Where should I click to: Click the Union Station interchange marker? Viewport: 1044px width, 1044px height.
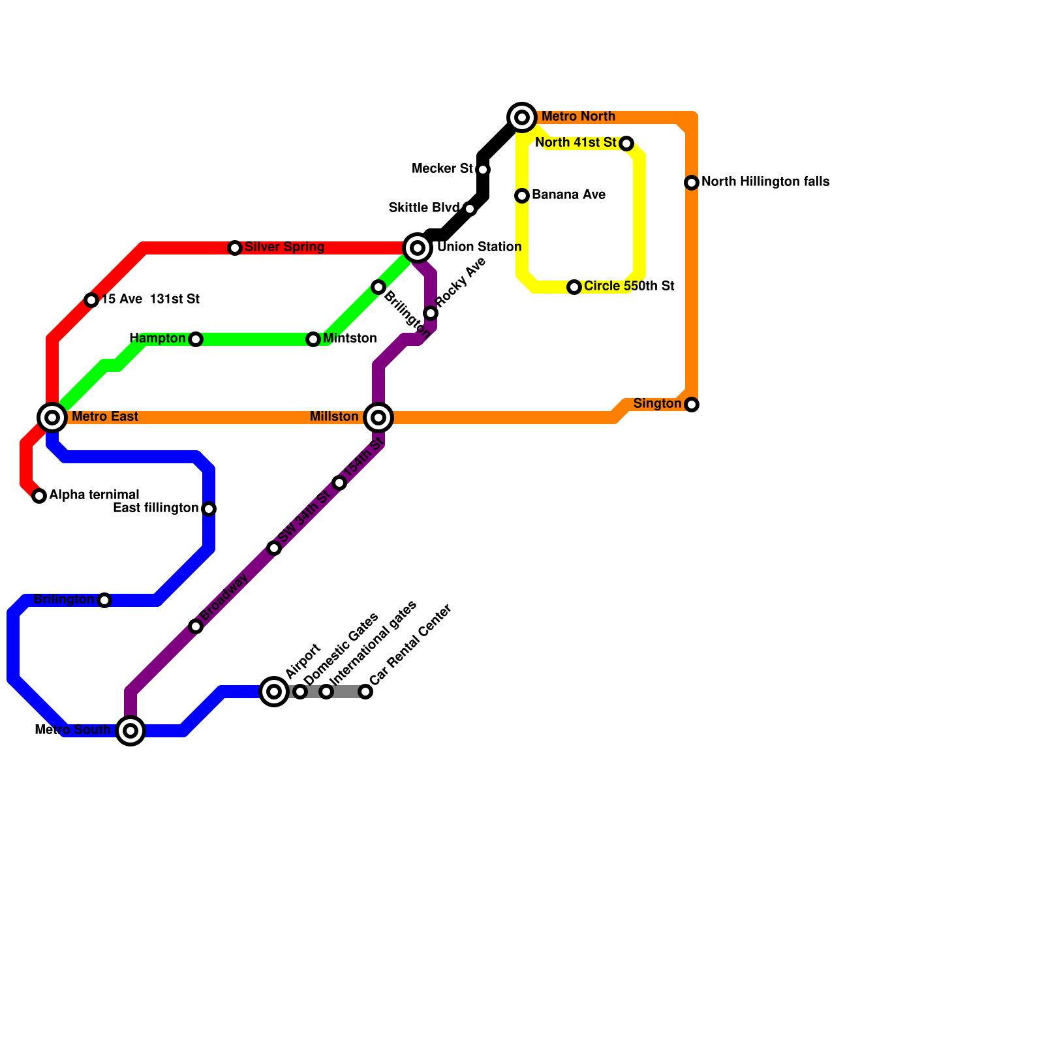pyautogui.click(x=418, y=248)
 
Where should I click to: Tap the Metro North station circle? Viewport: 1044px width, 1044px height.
pyautogui.click(x=522, y=117)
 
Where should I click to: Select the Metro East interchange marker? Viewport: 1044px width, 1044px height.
pyautogui.click(x=52, y=418)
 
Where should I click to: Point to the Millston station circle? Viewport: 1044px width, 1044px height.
pyautogui.click(x=378, y=418)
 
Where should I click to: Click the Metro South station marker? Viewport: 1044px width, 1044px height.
pyautogui.click(x=130, y=731)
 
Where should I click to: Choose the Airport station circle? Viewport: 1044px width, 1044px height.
pyautogui.click(x=275, y=692)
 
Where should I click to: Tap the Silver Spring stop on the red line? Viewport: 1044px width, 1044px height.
pyautogui.click(x=235, y=248)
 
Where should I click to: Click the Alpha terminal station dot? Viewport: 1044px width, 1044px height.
pyautogui.click(x=39, y=496)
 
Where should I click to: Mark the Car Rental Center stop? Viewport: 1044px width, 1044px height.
pyautogui.click(x=365, y=692)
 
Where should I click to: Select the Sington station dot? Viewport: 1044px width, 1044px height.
pyautogui.click(x=692, y=405)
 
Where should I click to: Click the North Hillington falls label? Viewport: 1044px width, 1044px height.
pyautogui.click(x=765, y=182)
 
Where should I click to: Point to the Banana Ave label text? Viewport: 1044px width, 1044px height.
pyautogui.click(x=568, y=195)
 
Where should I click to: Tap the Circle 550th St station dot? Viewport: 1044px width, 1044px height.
pyautogui.click(x=574, y=287)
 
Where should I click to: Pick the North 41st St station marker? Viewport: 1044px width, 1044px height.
pyautogui.click(x=626, y=144)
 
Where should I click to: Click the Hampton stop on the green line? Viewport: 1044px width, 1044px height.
pyautogui.click(x=196, y=339)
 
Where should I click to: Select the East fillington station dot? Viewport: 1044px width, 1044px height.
pyautogui.click(x=209, y=509)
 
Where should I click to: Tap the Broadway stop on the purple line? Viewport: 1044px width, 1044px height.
pyautogui.click(x=196, y=626)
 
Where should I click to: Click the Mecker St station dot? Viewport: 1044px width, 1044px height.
pyautogui.click(x=483, y=170)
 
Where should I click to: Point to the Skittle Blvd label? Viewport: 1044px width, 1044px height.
pyautogui.click(x=423, y=208)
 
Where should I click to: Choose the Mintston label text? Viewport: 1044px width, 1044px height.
pyautogui.click(x=350, y=339)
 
